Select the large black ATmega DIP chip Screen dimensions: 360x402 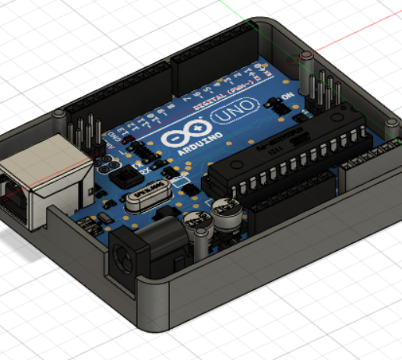(296, 160)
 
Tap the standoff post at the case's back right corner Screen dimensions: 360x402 (307, 55)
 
